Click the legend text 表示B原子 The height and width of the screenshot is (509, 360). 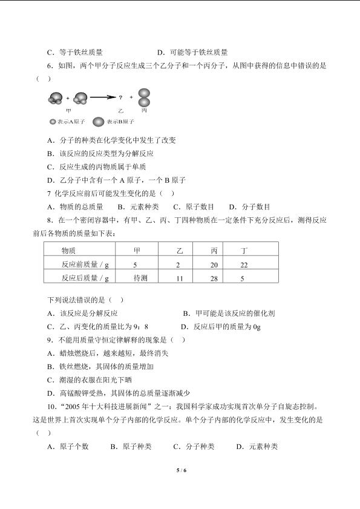120,122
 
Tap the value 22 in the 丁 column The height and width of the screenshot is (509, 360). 244,264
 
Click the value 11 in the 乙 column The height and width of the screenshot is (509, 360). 180,278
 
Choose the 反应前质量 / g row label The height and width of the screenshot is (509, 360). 85,264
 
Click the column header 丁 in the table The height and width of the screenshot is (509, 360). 244,250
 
